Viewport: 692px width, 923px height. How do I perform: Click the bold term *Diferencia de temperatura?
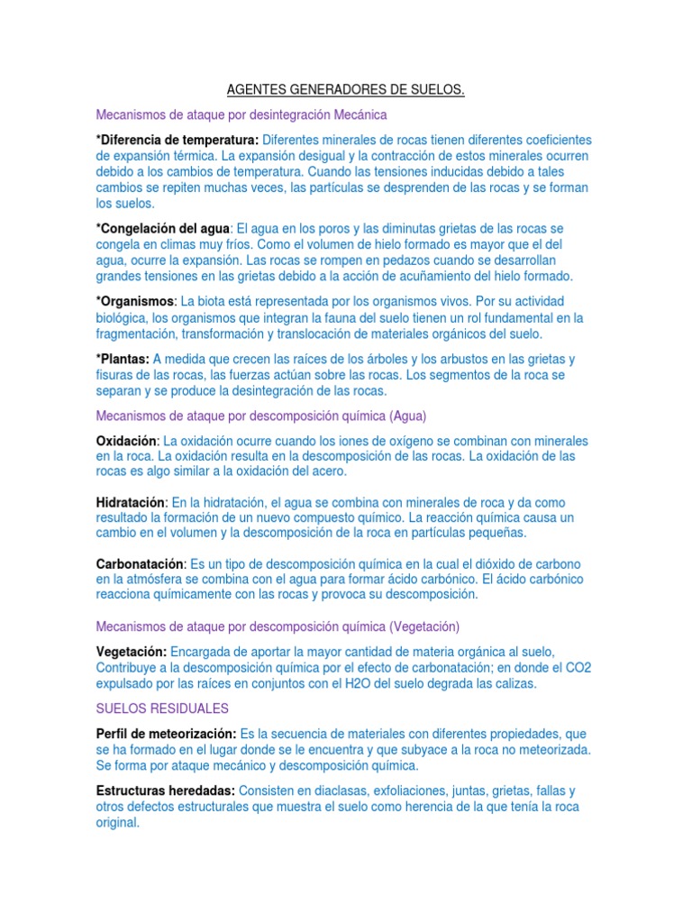(178, 140)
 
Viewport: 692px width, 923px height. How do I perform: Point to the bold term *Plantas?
(123, 359)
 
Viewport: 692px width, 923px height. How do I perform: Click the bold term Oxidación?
(127, 441)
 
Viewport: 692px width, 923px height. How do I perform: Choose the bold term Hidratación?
(132, 501)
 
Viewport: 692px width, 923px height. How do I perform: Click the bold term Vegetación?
(132, 651)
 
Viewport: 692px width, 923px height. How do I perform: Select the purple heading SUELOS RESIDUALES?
(162, 708)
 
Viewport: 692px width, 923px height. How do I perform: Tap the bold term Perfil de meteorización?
(167, 734)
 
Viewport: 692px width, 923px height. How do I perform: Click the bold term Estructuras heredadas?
(166, 790)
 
